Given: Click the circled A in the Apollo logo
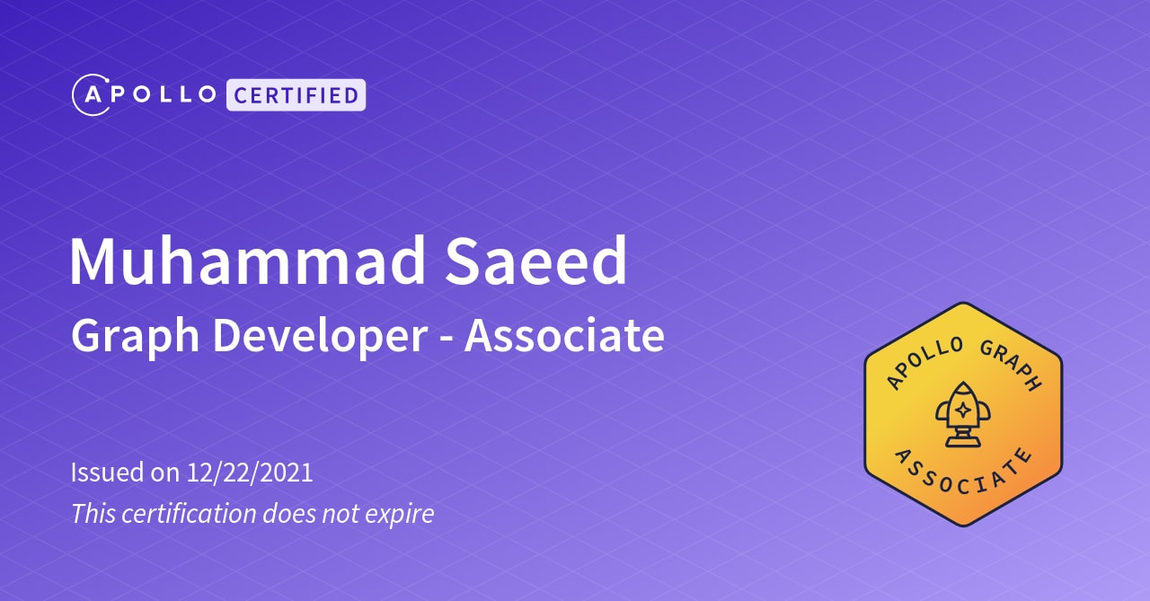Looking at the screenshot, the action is pos(92,95).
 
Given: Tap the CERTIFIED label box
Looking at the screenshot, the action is pos(296,95).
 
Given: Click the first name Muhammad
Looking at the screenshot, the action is pos(247,261).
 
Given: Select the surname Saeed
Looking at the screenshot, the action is pos(535,261).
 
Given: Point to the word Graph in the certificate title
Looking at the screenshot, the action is pos(135,336).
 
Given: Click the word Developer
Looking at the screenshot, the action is pos(320,336).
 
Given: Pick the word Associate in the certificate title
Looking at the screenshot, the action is pos(564,335).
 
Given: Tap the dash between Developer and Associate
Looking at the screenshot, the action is pos(446,340).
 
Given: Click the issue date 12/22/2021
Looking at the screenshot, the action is pos(250,473).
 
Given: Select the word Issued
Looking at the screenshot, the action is pos(107,472).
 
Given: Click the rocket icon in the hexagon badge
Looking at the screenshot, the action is pos(962,414).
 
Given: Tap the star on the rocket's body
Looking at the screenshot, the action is pos(963,410).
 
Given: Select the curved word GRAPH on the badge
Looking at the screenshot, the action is pos(1011,365).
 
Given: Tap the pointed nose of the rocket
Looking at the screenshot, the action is pos(963,384).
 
